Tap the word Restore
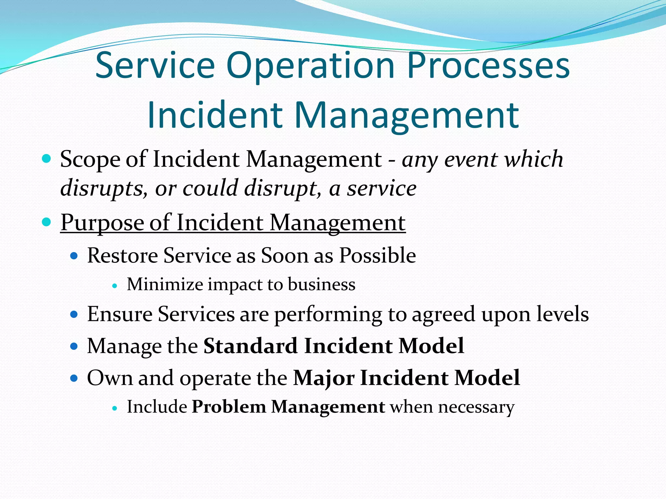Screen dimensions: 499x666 (123, 255)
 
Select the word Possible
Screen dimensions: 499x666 (378, 255)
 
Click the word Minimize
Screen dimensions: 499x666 (165, 284)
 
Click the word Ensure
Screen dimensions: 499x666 (120, 314)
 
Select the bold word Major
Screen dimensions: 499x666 (324, 378)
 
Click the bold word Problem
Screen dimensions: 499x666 (229, 407)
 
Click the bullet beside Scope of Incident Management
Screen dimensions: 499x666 (47, 159)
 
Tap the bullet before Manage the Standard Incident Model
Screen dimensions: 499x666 (74, 346)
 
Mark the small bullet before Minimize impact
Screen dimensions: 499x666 (114, 286)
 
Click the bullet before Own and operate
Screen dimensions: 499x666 (74, 378)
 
